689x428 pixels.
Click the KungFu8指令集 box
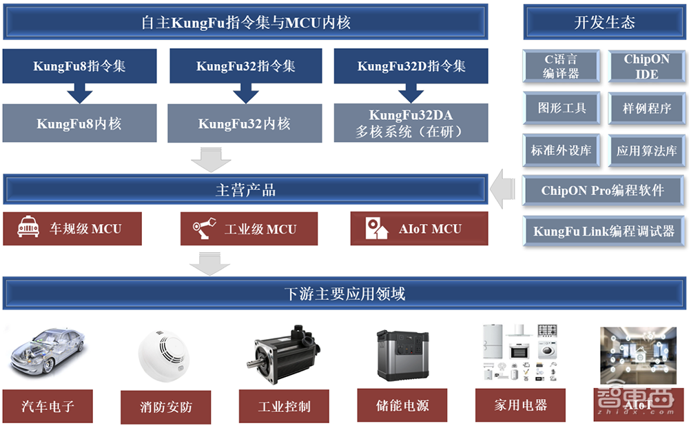(79, 66)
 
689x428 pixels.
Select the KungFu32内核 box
(245, 123)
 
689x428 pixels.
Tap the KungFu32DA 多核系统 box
(411, 123)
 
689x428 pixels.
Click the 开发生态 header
(604, 22)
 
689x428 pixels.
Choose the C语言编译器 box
(561, 66)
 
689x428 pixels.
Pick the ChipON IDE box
(646, 66)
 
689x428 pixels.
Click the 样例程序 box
(646, 108)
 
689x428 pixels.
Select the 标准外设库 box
(561, 150)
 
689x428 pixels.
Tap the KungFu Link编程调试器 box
(604, 231)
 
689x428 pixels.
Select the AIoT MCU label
(430, 229)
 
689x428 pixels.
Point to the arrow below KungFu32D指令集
(411, 91)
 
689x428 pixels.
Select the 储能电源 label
(403, 405)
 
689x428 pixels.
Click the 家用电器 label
(520, 405)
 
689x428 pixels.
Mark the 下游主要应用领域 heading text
(344, 294)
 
